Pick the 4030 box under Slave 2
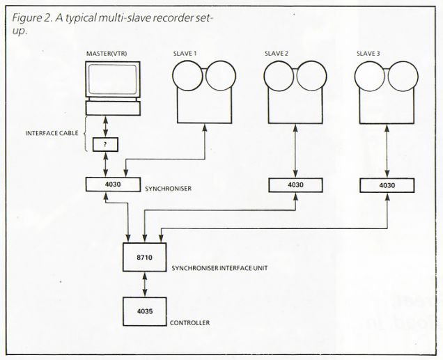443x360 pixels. coord(295,185)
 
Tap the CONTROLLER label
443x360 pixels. coord(189,323)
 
